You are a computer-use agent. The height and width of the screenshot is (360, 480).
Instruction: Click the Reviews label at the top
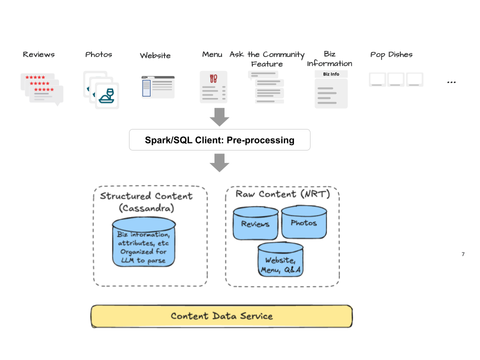click(x=38, y=54)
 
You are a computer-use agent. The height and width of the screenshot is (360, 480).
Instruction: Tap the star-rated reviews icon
click(x=42, y=88)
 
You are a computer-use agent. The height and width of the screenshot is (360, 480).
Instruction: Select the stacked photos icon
click(x=101, y=89)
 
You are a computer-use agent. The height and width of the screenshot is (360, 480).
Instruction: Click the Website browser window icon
click(x=158, y=87)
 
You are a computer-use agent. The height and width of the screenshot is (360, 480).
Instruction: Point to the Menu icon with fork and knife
click(x=213, y=87)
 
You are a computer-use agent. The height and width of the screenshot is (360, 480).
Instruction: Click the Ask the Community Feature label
click(x=267, y=59)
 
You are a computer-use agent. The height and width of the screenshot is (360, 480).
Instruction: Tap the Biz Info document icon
click(x=331, y=89)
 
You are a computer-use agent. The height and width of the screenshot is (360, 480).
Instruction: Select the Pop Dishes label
click(x=391, y=54)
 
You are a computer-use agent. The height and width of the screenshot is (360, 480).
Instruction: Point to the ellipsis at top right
click(x=451, y=82)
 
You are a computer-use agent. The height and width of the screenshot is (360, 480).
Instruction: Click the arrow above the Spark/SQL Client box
click(x=219, y=117)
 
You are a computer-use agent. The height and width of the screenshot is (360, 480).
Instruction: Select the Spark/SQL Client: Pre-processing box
click(x=219, y=140)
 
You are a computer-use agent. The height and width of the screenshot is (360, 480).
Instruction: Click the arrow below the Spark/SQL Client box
click(x=219, y=163)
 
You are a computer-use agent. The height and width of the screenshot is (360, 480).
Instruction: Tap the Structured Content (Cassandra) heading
click(x=145, y=201)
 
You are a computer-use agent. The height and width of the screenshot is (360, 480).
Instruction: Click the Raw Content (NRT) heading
click(x=282, y=194)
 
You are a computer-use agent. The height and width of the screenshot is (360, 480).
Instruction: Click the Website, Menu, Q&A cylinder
click(x=280, y=260)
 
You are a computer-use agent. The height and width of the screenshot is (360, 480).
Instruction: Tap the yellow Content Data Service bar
click(x=221, y=316)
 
